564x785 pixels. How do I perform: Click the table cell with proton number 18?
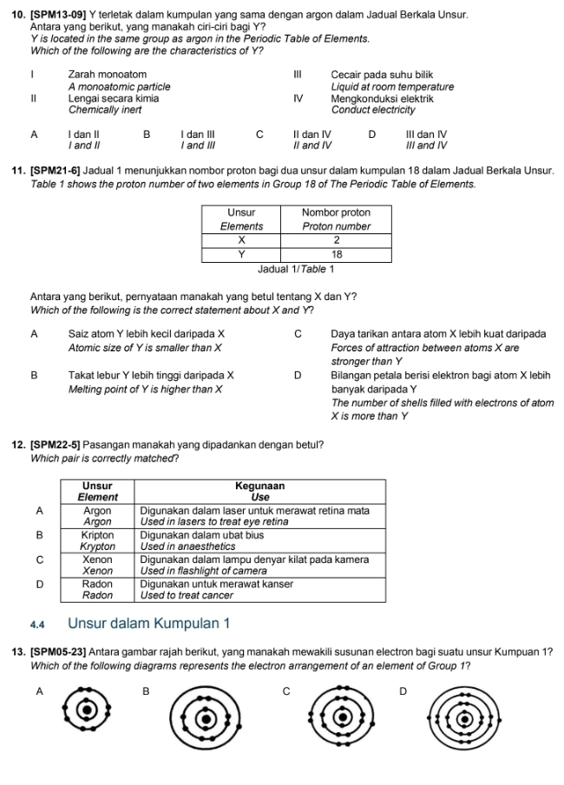[336, 254]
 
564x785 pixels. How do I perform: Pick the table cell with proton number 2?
[336, 239]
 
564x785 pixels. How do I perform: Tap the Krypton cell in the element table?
[98, 542]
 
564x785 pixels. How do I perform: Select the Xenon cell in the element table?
[98, 566]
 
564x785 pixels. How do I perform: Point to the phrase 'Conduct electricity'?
[373, 110]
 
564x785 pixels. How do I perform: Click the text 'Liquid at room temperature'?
[392, 87]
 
